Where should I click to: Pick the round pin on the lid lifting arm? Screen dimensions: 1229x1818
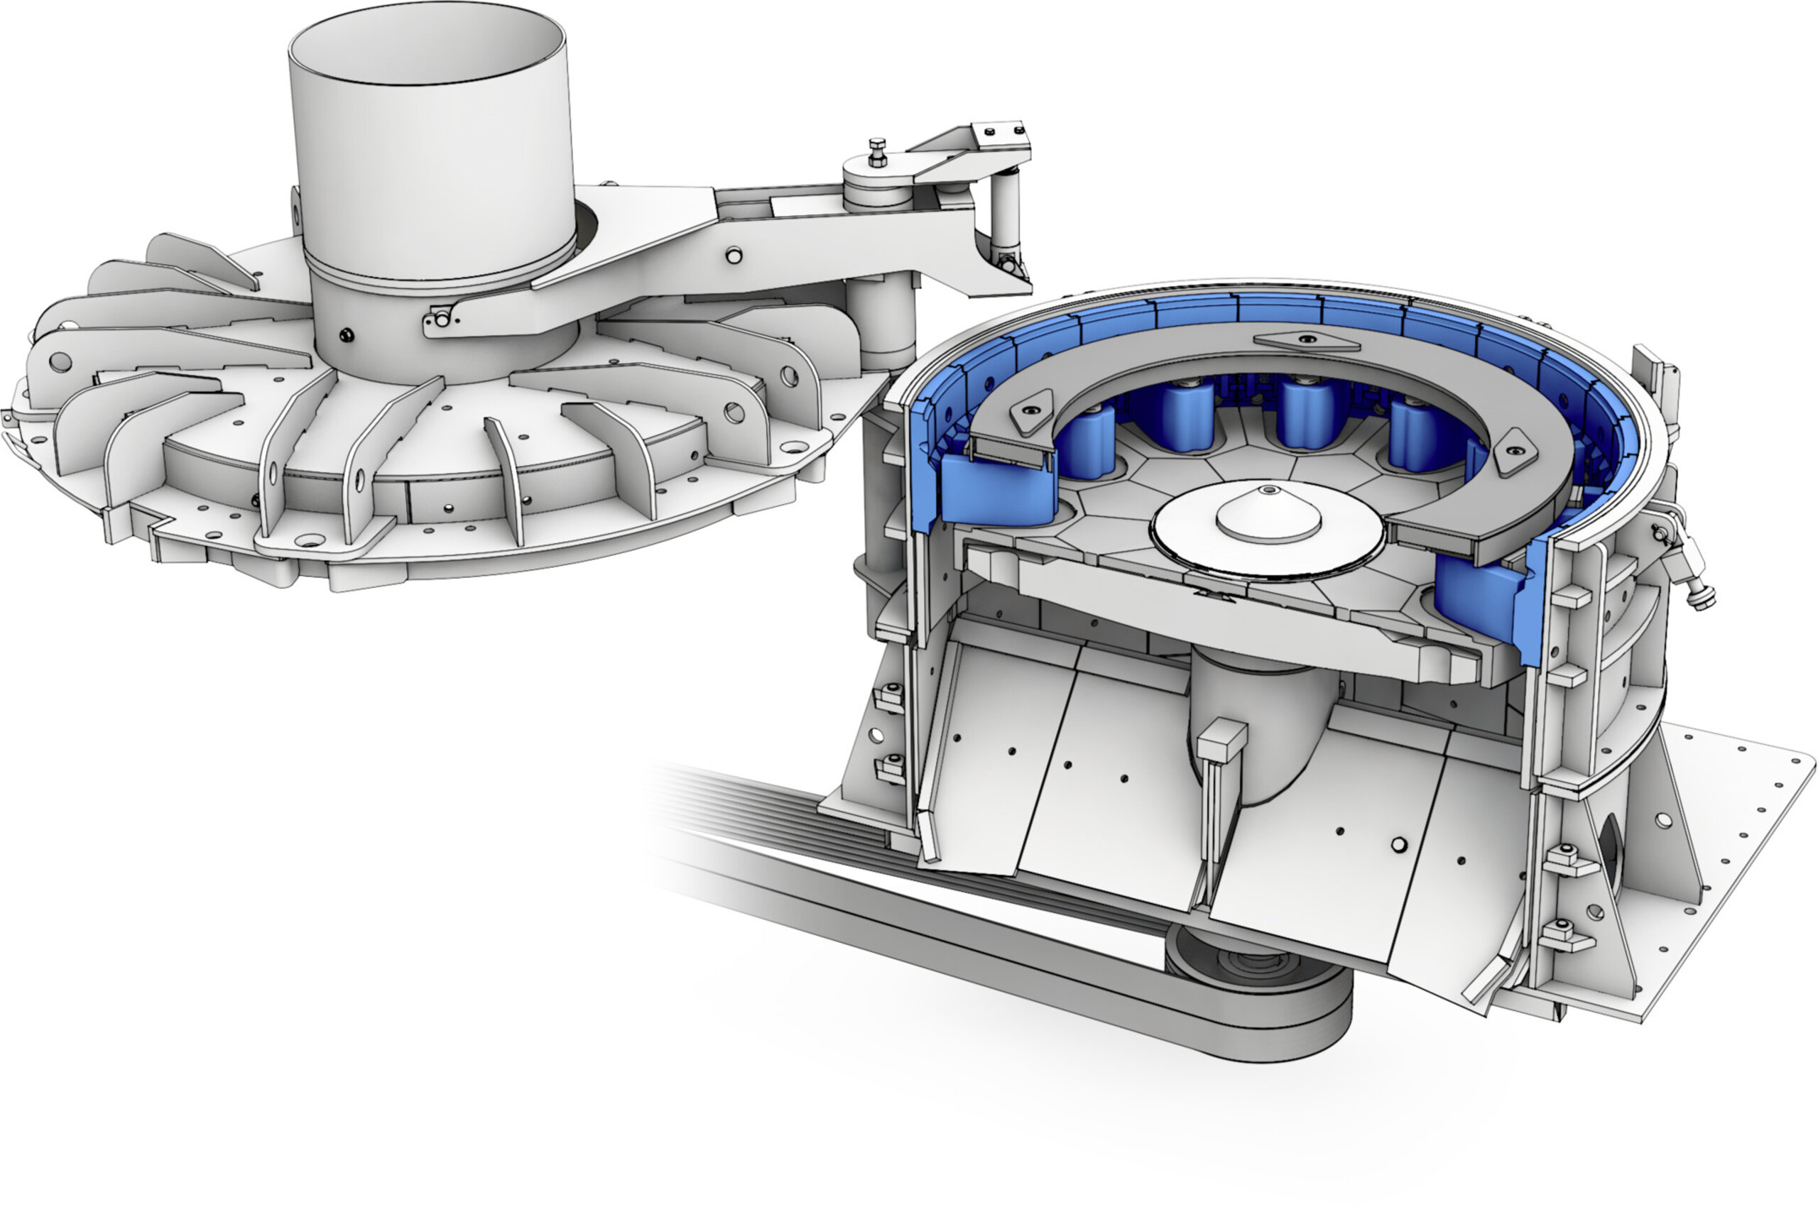pyautogui.click(x=733, y=255)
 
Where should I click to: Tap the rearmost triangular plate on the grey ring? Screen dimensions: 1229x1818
pyautogui.click(x=1307, y=340)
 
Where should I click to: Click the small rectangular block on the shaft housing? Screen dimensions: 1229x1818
pyautogui.click(x=1222, y=740)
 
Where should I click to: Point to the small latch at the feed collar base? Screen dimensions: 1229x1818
pyautogui.click(x=440, y=319)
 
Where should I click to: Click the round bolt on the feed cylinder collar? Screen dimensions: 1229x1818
pyautogui.click(x=345, y=336)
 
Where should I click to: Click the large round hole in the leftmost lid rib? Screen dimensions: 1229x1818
pyautogui.click(x=60, y=362)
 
